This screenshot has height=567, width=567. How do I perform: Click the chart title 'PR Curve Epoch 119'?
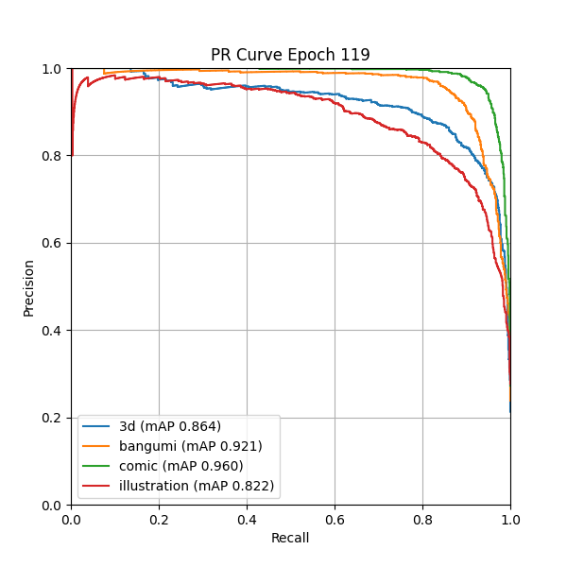click(290, 54)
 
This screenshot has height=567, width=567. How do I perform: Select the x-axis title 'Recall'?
click(290, 538)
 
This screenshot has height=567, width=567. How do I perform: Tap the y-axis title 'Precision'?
click(28, 287)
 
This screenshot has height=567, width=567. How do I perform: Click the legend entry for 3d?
click(170, 426)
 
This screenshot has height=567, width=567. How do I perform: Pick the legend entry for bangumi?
click(190, 446)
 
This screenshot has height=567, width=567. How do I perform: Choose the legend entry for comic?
click(180, 466)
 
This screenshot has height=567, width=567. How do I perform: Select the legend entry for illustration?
click(197, 486)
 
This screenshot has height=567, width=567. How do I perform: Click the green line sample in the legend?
click(96, 466)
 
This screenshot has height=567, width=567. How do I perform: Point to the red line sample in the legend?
click(96, 486)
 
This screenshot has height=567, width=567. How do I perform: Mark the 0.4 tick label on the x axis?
click(247, 519)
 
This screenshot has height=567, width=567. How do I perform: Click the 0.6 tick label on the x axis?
click(335, 519)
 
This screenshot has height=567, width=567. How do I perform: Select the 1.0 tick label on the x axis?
click(510, 519)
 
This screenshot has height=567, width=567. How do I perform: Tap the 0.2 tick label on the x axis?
click(159, 519)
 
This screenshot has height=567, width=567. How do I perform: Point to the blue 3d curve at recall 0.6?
click(335, 94)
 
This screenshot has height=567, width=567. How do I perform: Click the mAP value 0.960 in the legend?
click(220, 466)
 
